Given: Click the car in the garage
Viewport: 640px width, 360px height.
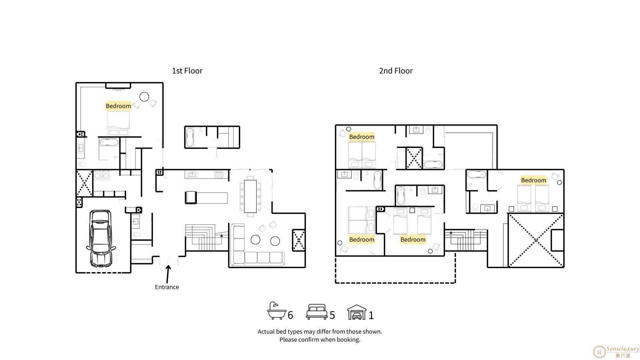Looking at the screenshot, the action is (101, 238).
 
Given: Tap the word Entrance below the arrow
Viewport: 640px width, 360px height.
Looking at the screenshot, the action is (167, 287).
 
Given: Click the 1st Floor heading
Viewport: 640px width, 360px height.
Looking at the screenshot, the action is (187, 70).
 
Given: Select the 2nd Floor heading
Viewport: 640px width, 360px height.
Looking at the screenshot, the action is (396, 70).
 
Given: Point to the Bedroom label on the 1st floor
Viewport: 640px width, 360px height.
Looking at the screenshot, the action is (118, 106).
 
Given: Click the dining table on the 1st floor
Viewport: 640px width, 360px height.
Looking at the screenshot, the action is (250, 196).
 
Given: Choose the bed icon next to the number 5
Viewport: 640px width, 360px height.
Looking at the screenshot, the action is (316, 312).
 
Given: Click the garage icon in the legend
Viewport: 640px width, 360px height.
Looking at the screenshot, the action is (356, 312).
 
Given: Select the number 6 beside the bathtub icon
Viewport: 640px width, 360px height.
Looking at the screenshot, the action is (290, 315).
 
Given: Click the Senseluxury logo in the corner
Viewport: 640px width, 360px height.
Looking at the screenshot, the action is (616, 352).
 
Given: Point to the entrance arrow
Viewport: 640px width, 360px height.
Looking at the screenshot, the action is (168, 274).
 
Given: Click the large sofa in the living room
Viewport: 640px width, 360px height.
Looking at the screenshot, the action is (257, 245).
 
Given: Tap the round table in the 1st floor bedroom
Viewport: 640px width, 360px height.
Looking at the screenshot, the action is (144, 97).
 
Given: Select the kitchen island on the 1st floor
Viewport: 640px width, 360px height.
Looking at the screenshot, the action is (206, 198).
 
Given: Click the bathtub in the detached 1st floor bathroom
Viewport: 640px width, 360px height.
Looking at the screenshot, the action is (190, 137).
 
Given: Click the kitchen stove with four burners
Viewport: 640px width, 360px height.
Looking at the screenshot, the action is (218, 174).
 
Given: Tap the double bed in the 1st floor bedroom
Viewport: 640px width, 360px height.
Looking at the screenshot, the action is (118, 123).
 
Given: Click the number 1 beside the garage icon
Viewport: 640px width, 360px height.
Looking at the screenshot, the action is (371, 315).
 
